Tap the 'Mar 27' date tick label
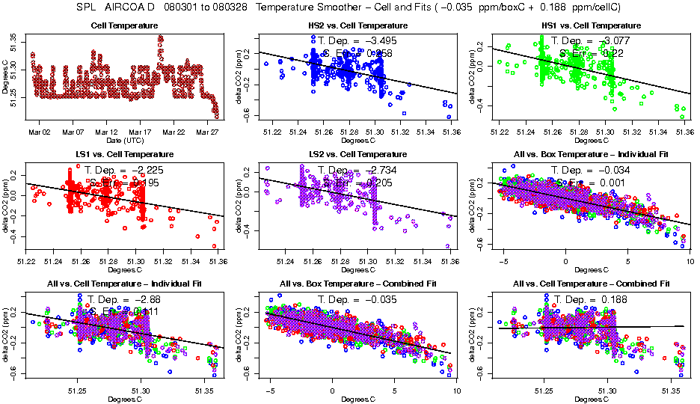[207, 132]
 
